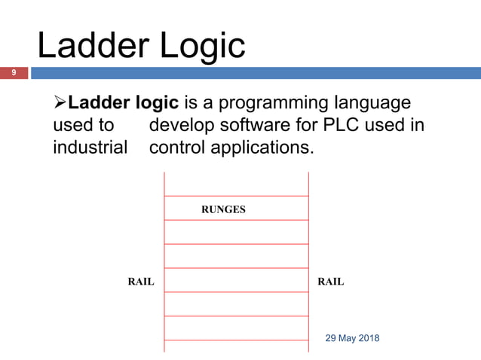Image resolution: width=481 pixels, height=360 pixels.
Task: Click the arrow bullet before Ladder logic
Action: tap(60, 102)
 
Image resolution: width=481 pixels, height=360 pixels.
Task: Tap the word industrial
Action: tap(90, 147)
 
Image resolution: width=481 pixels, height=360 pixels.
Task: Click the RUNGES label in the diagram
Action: tap(223, 209)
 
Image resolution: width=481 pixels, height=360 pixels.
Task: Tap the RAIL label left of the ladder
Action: tap(140, 282)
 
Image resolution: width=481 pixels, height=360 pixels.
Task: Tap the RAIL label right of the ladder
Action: tap(331, 282)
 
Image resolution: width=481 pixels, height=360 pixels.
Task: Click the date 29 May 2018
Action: tap(352, 338)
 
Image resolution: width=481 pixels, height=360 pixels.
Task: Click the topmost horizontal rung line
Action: tap(236, 196)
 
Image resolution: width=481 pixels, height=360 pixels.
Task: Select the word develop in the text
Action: tap(182, 124)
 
